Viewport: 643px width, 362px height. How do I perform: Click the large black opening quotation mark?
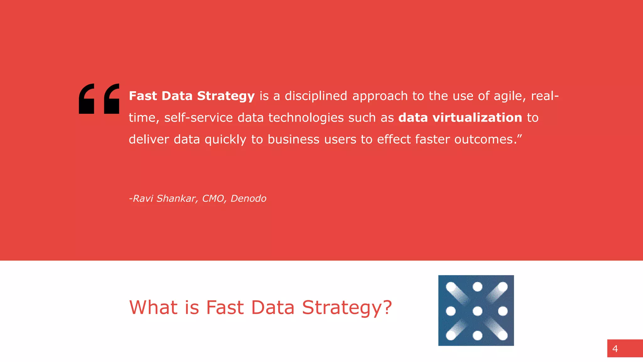[x=99, y=99]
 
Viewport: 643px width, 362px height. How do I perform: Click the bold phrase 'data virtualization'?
[x=460, y=118]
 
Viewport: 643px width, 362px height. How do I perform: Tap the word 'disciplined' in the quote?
[x=316, y=96]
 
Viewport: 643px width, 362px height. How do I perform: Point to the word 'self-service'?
[x=198, y=118]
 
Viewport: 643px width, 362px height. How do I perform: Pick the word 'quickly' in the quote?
[x=225, y=139]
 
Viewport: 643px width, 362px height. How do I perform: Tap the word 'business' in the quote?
[x=294, y=139]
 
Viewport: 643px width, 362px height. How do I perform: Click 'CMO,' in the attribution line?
[x=214, y=198]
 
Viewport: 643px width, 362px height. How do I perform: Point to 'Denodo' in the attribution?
[x=248, y=198]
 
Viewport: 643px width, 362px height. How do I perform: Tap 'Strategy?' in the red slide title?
[x=347, y=308]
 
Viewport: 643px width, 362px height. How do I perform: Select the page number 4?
[x=615, y=348]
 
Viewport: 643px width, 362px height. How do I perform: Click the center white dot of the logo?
[x=477, y=311]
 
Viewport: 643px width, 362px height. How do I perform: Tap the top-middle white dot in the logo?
[x=477, y=287]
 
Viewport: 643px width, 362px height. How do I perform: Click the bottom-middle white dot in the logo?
[x=477, y=335]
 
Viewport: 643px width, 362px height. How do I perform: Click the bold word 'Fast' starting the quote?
[x=143, y=96]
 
